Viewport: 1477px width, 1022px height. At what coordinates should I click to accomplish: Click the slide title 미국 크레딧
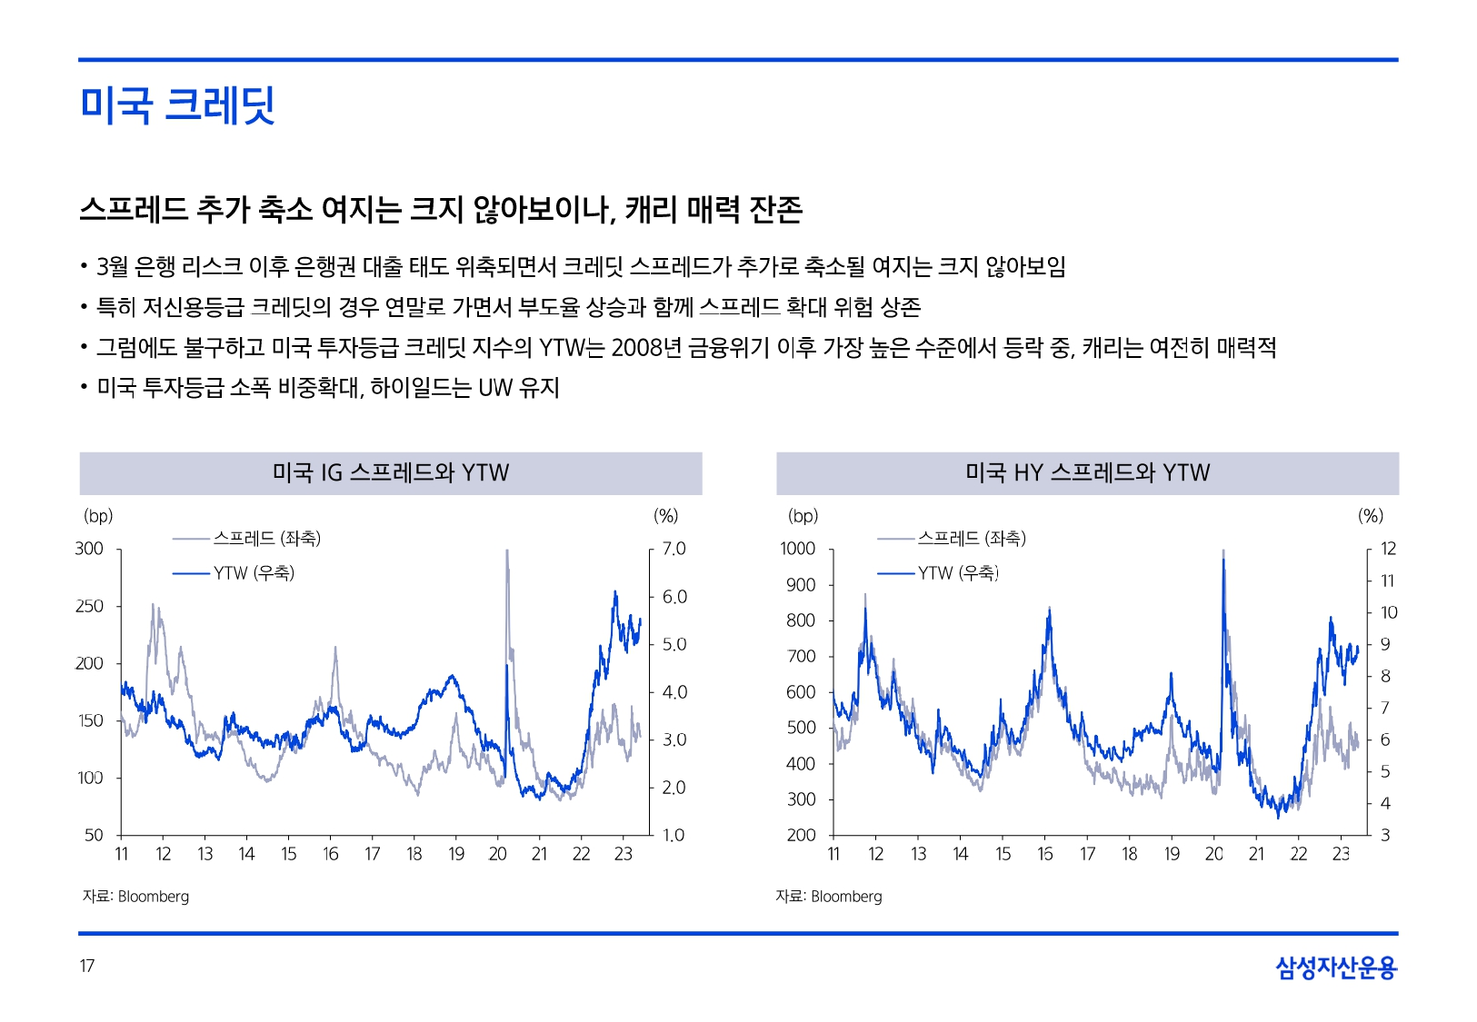coord(177,104)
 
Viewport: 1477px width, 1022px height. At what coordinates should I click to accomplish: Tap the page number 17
coord(87,966)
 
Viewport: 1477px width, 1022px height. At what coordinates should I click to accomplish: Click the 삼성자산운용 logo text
coord(1335,967)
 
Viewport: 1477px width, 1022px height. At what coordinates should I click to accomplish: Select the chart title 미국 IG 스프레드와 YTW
coord(391,473)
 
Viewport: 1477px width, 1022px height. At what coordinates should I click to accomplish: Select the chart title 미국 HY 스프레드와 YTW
coord(1087,473)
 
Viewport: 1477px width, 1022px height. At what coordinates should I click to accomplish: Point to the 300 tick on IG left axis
coord(89,549)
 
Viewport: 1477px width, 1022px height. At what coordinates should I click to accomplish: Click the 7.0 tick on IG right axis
coord(674,549)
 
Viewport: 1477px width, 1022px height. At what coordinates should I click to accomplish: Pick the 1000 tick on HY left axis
coord(797,549)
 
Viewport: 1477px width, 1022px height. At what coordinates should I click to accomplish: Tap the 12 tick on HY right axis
coord(1388,549)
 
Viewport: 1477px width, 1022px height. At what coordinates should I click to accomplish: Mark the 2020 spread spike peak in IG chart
coord(506,551)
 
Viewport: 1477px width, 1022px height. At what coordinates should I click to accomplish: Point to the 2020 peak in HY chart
coord(1223,551)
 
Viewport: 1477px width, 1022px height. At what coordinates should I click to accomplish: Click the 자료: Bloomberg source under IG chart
coord(136,897)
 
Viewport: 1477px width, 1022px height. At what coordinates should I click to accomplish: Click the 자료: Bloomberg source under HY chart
coord(829,897)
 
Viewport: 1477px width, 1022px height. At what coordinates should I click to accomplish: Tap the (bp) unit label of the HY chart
coord(803,516)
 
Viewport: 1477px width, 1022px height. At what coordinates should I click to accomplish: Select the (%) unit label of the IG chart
coord(666,516)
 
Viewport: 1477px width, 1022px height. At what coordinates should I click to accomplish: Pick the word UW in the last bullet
coord(495,388)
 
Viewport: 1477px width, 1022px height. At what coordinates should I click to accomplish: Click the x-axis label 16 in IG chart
coord(331,854)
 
